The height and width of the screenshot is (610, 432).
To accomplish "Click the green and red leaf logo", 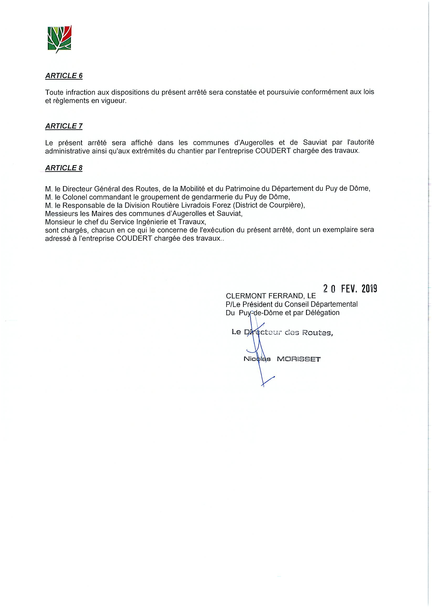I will point(59,38).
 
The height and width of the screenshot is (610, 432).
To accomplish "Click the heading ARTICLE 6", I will point(64,76).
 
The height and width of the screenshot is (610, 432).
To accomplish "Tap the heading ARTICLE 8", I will point(64,168).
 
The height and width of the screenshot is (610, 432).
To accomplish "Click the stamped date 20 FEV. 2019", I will point(350,288).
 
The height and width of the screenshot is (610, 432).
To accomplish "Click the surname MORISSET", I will point(299,359).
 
